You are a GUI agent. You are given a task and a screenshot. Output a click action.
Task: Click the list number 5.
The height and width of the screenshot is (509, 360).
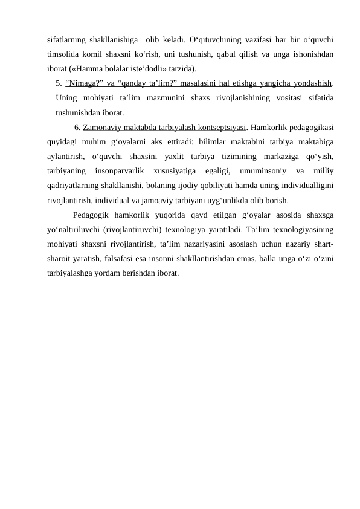point(58,83)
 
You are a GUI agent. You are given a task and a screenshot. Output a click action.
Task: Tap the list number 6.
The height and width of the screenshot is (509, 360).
point(77,128)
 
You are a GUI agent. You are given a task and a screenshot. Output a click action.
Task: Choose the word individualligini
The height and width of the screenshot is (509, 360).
point(301,186)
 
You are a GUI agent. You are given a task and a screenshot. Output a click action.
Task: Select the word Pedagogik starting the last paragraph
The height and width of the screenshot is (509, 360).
point(90,215)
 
